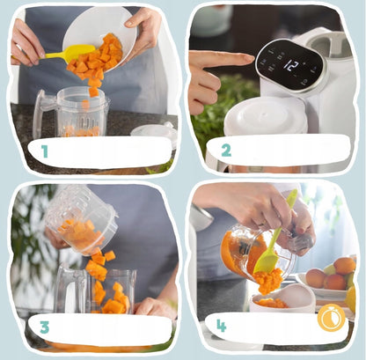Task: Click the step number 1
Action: [x=44, y=152]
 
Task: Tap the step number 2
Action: [x=226, y=151]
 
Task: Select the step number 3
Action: [x=43, y=327]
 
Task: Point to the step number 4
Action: [x=222, y=325]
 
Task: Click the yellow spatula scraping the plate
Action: [x=69, y=52]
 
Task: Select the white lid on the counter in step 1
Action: [x=153, y=133]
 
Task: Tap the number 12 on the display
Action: [x=290, y=66]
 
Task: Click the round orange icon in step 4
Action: [x=331, y=317]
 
